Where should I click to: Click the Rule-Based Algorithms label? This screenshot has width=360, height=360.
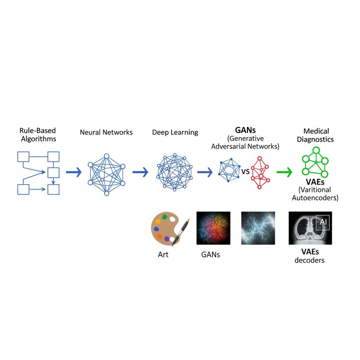(x=38, y=135)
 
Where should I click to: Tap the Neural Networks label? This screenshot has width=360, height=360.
(x=106, y=133)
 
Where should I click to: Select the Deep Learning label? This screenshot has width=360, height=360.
(x=175, y=133)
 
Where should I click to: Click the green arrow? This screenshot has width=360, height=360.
(x=284, y=172)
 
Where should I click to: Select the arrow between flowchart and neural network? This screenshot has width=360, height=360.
(x=74, y=172)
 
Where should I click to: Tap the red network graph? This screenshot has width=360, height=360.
(x=260, y=173)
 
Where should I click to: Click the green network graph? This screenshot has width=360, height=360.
(x=315, y=162)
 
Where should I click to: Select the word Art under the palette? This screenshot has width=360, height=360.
(x=163, y=255)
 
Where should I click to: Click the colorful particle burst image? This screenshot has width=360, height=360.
(x=213, y=228)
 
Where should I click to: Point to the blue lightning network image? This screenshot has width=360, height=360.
(x=258, y=228)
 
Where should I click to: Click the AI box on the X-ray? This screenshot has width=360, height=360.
(x=322, y=223)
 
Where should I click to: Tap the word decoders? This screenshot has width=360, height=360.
(x=310, y=261)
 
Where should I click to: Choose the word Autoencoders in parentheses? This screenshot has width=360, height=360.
(x=315, y=198)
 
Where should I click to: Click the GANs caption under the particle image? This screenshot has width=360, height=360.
(x=211, y=255)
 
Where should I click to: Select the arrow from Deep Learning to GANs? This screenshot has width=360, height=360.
(x=205, y=172)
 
